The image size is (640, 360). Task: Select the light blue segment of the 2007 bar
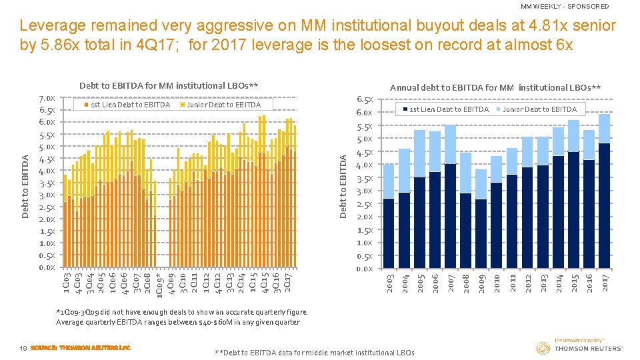tap(450, 144)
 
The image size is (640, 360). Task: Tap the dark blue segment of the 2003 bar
tap(389, 233)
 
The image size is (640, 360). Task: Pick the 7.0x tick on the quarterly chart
tap(47, 98)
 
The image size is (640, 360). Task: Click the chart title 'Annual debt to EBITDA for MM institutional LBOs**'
tap(495, 87)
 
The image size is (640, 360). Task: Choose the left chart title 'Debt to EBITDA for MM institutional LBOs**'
tap(169, 85)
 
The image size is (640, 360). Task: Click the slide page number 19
tap(23, 348)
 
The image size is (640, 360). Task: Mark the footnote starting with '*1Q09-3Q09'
tap(181, 311)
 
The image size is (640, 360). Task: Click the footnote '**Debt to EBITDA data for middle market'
tap(315, 353)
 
